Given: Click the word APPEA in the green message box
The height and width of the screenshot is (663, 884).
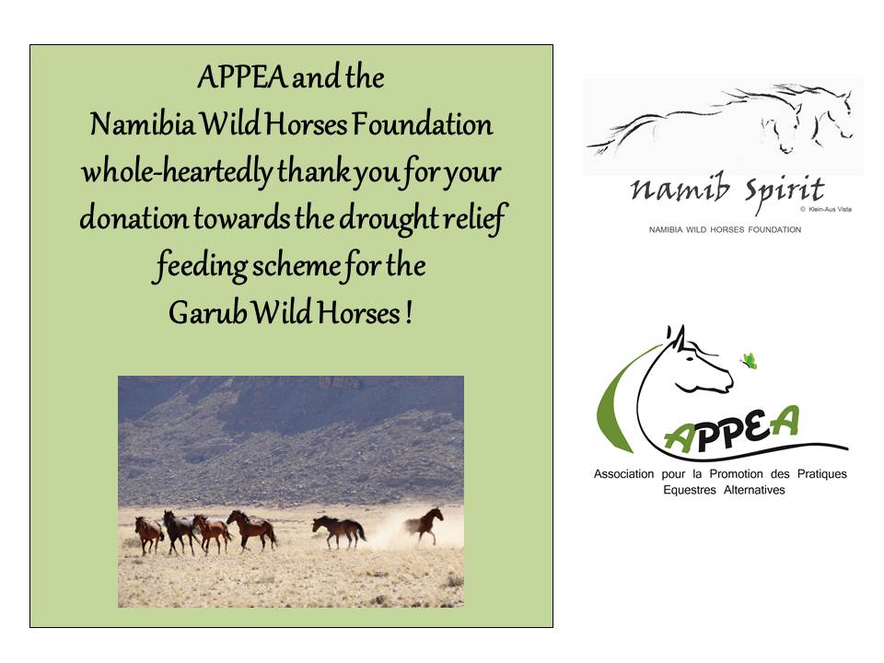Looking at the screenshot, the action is click(242, 77).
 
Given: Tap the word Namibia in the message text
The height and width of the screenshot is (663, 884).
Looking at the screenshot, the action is click(143, 124).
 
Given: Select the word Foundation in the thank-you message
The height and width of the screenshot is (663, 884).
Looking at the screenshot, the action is click(423, 124).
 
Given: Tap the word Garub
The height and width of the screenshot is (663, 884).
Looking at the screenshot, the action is click(207, 312).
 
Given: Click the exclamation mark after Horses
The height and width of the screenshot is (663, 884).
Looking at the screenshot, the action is click(408, 313).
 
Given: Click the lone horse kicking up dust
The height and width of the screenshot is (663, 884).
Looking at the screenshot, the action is click(424, 524).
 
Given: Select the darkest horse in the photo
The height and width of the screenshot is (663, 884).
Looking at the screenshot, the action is click(178, 531).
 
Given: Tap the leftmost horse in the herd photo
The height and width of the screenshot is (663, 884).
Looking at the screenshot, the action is click(149, 534).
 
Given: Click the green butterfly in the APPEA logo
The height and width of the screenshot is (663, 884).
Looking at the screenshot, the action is click(749, 361).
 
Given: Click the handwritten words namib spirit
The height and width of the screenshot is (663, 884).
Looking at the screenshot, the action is click(727, 191).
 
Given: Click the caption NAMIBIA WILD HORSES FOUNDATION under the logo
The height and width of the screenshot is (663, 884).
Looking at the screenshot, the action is click(725, 229).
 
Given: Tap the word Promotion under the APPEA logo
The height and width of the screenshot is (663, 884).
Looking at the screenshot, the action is click(736, 474).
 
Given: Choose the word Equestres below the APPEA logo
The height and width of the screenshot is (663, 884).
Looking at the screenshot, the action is click(690, 491).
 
